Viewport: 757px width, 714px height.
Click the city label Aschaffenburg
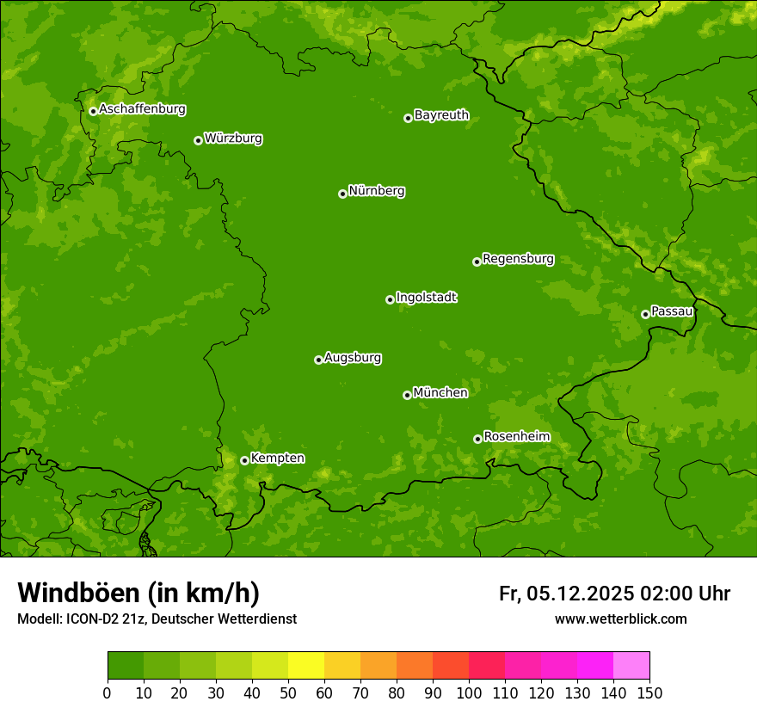pyautogui.click(x=142, y=109)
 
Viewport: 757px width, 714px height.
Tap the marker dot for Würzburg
pyautogui.click(x=198, y=140)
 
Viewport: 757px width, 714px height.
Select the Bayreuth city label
pyautogui.click(x=441, y=115)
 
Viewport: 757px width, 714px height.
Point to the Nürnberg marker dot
pyautogui.click(x=342, y=194)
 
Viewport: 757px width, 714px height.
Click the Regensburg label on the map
pyautogui.click(x=518, y=259)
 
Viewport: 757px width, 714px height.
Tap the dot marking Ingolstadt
pyautogui.click(x=390, y=299)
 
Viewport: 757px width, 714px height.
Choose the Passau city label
pyautogui.click(x=672, y=311)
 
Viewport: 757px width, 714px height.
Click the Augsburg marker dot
pyautogui.click(x=318, y=360)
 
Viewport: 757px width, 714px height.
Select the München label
pyautogui.click(x=440, y=393)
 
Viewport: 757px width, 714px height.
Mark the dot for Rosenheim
pyautogui.click(x=477, y=439)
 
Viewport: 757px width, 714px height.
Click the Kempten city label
pyautogui.click(x=277, y=459)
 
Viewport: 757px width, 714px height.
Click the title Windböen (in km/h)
pyautogui.click(x=138, y=593)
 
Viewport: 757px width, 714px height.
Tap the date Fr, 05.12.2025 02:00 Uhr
pyautogui.click(x=614, y=594)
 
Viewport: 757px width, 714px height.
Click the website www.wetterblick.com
pyautogui.click(x=620, y=619)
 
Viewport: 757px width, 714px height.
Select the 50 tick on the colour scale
pyautogui.click(x=288, y=692)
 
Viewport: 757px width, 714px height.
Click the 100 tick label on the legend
pyautogui.click(x=469, y=692)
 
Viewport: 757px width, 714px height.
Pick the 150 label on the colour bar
pyautogui.click(x=649, y=692)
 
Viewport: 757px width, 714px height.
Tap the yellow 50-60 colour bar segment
pyautogui.click(x=306, y=666)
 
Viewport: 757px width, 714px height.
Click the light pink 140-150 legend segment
pyautogui.click(x=631, y=666)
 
